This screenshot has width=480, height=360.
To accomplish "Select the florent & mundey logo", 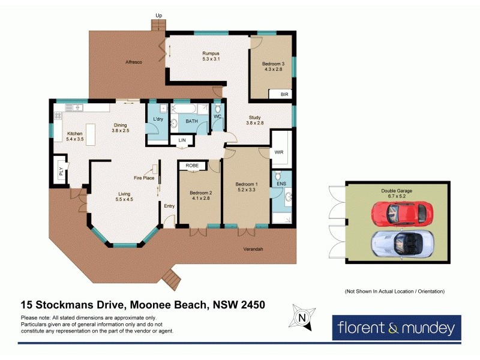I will click(397, 328).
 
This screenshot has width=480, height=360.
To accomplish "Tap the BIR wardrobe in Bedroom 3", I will click(284, 94).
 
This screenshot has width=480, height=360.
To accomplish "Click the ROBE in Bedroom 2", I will click(193, 165).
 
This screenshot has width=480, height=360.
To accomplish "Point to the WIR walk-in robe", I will click(279, 152).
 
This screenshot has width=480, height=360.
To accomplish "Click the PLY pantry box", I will click(61, 170).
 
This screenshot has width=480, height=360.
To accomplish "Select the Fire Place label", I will click(144, 178).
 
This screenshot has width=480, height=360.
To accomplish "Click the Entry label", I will click(170, 206).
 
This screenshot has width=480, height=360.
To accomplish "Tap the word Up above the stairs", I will click(158, 16).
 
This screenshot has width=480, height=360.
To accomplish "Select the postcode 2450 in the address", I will click(251, 305).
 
